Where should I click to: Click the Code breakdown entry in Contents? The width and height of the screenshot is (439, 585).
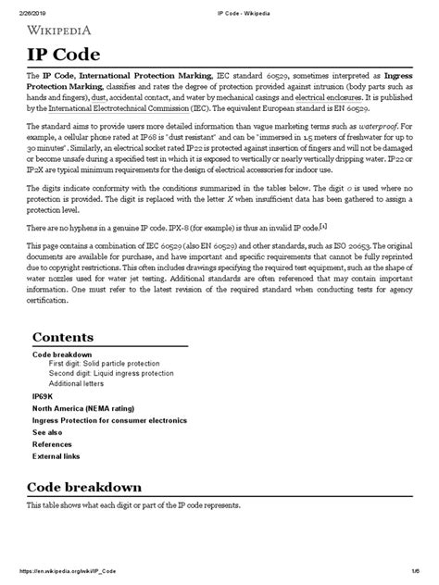point(62,355)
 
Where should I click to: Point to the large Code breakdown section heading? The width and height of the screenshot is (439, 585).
point(84,487)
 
